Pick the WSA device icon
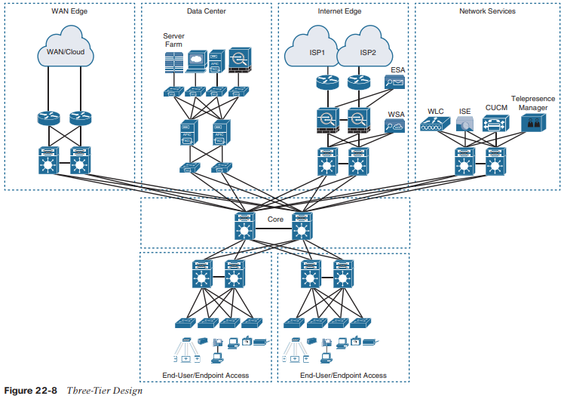point(396,126)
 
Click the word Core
point(275,219)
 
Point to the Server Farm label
point(173,40)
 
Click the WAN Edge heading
point(69,11)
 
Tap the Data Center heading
point(206,11)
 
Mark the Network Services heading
point(487,11)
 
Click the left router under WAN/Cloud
point(49,118)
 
